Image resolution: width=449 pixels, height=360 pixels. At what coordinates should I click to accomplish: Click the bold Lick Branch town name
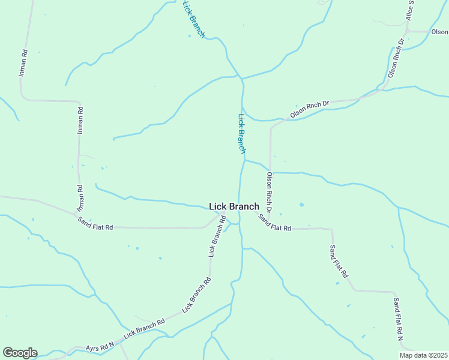tap(234, 206)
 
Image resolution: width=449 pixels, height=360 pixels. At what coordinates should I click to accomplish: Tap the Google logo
tap(20, 353)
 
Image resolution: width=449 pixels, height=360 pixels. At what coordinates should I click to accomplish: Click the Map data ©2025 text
tap(424, 355)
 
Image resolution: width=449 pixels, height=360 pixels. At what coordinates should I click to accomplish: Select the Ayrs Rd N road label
tap(100, 346)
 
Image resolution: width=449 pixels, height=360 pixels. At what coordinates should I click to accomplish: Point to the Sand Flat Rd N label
tap(399, 319)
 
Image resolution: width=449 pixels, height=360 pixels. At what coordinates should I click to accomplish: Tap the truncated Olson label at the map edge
tap(440, 32)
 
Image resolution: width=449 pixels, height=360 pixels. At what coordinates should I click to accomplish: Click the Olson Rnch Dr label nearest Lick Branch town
tap(270, 193)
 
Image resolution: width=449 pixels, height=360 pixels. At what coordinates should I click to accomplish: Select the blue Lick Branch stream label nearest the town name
tap(242, 133)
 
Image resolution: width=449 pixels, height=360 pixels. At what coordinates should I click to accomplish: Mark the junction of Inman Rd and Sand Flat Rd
tap(74, 214)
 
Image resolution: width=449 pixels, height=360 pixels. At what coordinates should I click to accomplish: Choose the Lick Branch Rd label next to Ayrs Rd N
tap(144, 329)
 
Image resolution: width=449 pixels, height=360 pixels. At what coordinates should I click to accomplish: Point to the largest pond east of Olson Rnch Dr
tap(301, 205)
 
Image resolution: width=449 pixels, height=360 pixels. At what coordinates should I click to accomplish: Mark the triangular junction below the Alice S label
tap(409, 32)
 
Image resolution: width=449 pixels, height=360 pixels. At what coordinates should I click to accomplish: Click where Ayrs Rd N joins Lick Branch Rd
tap(120, 340)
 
